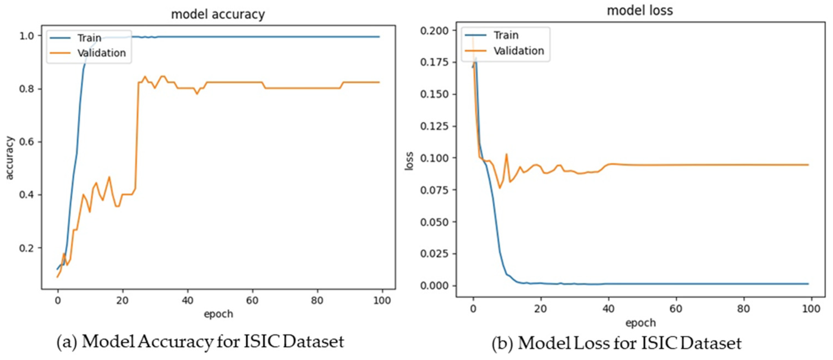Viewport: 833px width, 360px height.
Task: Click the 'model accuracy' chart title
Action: (x=218, y=15)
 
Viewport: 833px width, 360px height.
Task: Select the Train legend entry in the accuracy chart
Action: (x=89, y=38)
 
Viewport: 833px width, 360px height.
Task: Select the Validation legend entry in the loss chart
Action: (x=518, y=51)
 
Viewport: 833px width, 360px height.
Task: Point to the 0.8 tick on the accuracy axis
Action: (x=27, y=89)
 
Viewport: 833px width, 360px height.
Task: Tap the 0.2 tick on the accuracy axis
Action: (x=27, y=248)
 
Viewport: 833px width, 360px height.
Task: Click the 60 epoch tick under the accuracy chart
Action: (x=252, y=300)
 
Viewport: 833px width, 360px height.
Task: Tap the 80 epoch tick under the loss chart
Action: (x=743, y=309)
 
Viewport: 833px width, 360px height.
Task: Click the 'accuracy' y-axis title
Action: (x=10, y=158)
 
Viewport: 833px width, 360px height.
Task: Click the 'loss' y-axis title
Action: (x=409, y=161)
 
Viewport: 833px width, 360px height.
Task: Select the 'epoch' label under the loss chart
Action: (x=640, y=323)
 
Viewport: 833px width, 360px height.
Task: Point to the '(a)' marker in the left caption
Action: (x=67, y=342)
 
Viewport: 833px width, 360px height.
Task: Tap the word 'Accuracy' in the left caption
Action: (x=175, y=342)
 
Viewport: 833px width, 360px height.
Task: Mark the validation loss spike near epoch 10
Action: (x=506, y=154)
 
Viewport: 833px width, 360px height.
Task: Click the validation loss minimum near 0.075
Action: (x=500, y=188)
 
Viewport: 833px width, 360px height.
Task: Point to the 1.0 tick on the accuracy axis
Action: (x=27, y=36)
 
